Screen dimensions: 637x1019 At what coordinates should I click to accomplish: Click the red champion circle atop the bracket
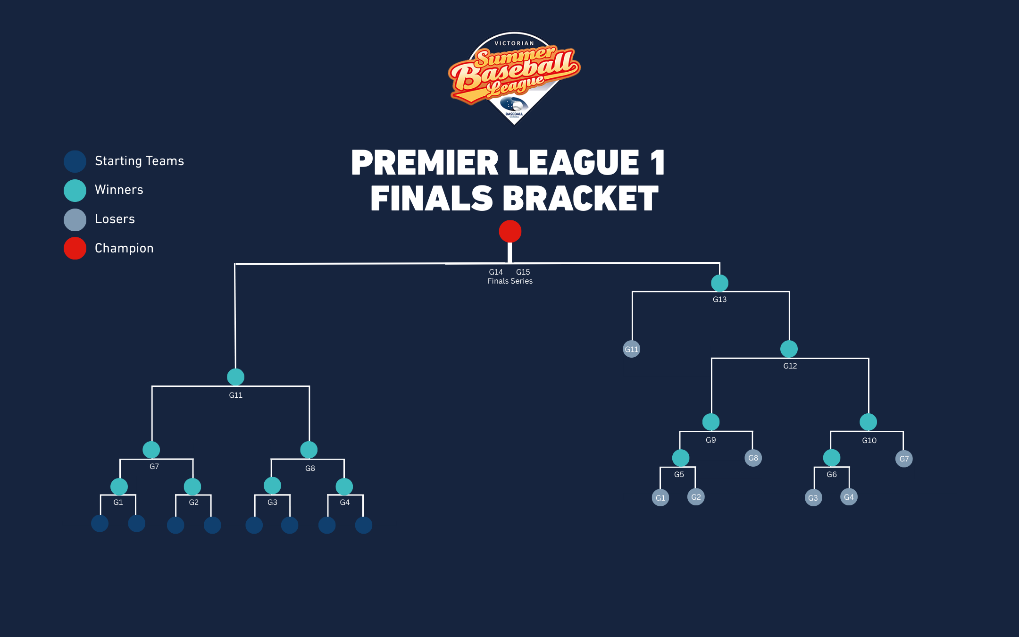tap(510, 232)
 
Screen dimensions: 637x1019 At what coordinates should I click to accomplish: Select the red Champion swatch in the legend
tap(75, 248)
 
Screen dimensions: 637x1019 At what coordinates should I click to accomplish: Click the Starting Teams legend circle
tap(75, 161)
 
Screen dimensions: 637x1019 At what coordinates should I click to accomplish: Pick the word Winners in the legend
tap(119, 190)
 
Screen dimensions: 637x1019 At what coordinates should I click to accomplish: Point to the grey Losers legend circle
tap(75, 219)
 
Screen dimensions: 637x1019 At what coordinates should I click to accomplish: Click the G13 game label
tap(719, 299)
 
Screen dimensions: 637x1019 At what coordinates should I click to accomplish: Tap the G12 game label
tap(790, 366)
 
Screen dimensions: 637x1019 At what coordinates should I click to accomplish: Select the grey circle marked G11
tap(631, 349)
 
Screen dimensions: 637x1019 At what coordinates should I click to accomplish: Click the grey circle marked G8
tap(753, 458)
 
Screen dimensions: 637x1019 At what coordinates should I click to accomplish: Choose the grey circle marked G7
tap(904, 459)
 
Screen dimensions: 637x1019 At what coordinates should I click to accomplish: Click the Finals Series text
tap(510, 281)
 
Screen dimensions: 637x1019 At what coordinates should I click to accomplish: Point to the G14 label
tap(496, 272)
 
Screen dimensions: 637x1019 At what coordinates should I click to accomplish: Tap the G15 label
tap(523, 272)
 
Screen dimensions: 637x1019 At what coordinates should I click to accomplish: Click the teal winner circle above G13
tap(719, 283)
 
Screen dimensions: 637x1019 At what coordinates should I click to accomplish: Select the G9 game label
tap(711, 440)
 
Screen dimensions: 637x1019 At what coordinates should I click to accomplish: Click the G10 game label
tap(869, 440)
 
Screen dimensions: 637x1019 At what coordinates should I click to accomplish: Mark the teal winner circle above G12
tap(789, 349)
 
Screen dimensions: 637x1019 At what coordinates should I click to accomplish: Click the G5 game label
tap(679, 474)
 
